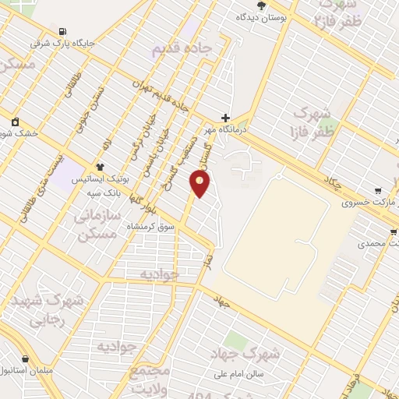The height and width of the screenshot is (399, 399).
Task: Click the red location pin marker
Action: [200, 183]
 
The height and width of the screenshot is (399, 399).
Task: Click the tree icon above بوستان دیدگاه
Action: [262, 5]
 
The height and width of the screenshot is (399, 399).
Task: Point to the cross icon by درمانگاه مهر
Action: [226, 117]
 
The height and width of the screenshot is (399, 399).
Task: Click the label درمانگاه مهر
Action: [224, 130]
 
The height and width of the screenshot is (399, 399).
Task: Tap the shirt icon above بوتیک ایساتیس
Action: [100, 166]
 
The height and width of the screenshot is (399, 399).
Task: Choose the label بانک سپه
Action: [104, 192]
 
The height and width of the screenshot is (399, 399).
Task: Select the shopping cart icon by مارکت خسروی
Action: [378, 190]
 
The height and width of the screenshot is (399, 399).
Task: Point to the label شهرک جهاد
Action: [244, 354]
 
